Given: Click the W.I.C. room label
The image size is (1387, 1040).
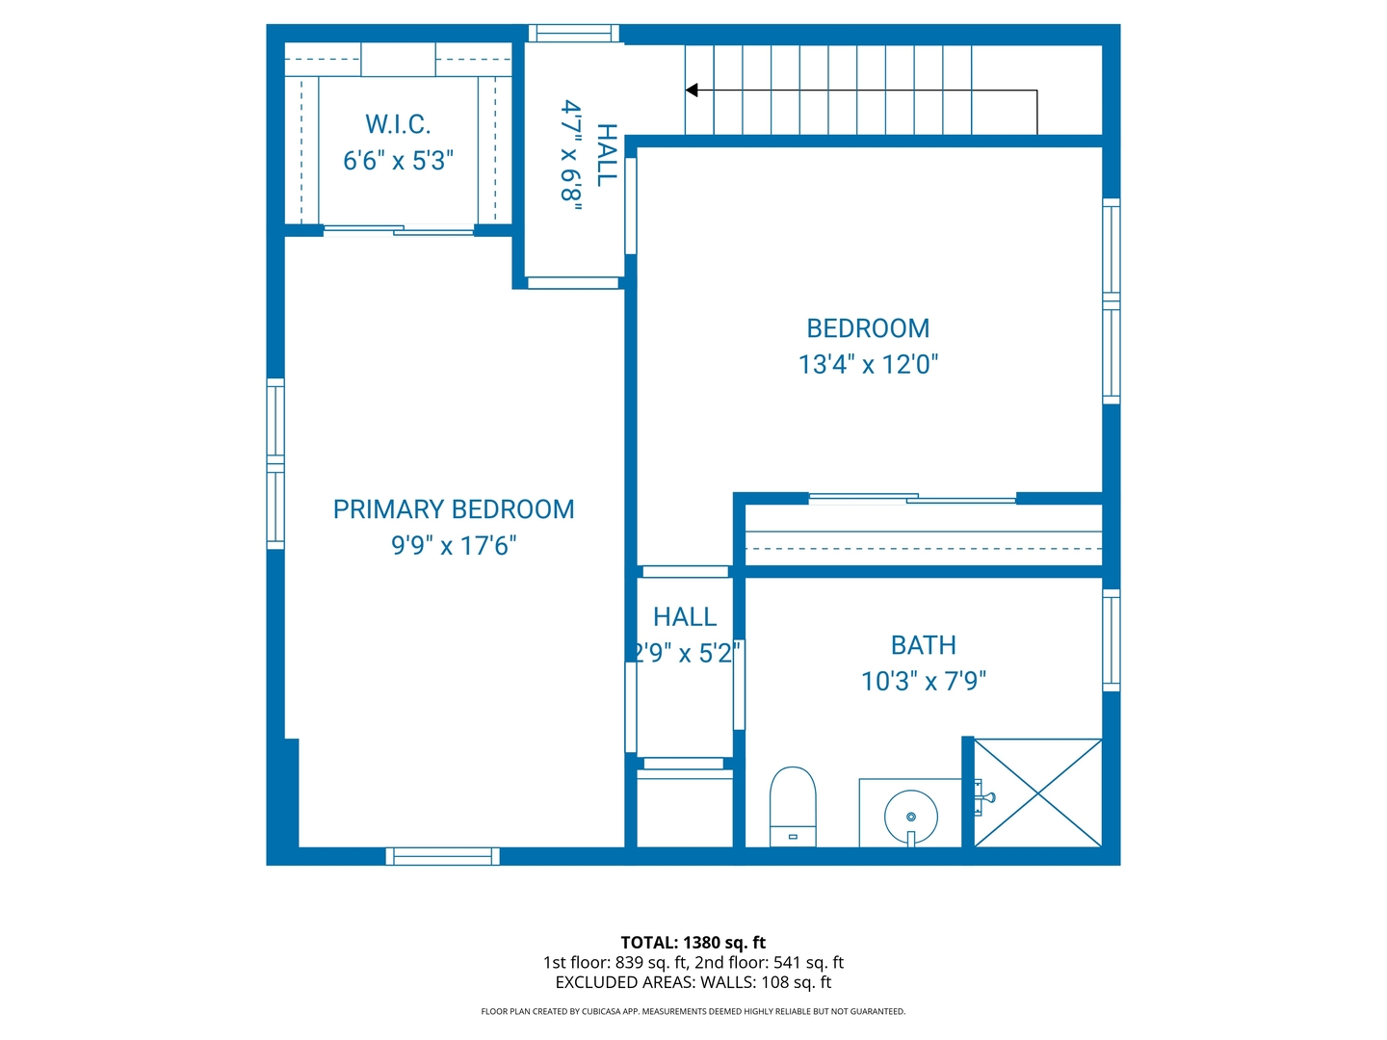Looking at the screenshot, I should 398,124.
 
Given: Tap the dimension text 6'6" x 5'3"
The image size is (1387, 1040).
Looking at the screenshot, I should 398,160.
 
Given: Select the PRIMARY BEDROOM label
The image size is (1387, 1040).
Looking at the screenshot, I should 454,509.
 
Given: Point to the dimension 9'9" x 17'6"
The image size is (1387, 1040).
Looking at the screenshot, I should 454,545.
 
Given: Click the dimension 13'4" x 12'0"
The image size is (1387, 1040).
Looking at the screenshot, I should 868,364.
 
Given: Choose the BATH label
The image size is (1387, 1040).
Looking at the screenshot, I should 923,645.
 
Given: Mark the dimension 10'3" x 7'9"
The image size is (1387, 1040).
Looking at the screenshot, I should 923,681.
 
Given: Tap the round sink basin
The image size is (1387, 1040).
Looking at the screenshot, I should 910,817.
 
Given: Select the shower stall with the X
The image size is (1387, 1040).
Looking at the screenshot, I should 1038,793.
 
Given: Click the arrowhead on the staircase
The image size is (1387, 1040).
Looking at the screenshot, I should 692,91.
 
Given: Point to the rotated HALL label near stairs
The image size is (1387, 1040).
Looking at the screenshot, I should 606,155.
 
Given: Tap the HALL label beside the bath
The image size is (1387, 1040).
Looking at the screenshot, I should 685,617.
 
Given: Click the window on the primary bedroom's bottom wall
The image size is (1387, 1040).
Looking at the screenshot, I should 443,856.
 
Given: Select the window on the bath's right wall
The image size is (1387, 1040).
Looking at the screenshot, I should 1111,640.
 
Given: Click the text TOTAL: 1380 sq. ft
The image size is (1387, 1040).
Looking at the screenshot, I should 693,943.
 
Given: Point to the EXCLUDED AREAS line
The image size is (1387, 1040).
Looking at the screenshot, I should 693,982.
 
